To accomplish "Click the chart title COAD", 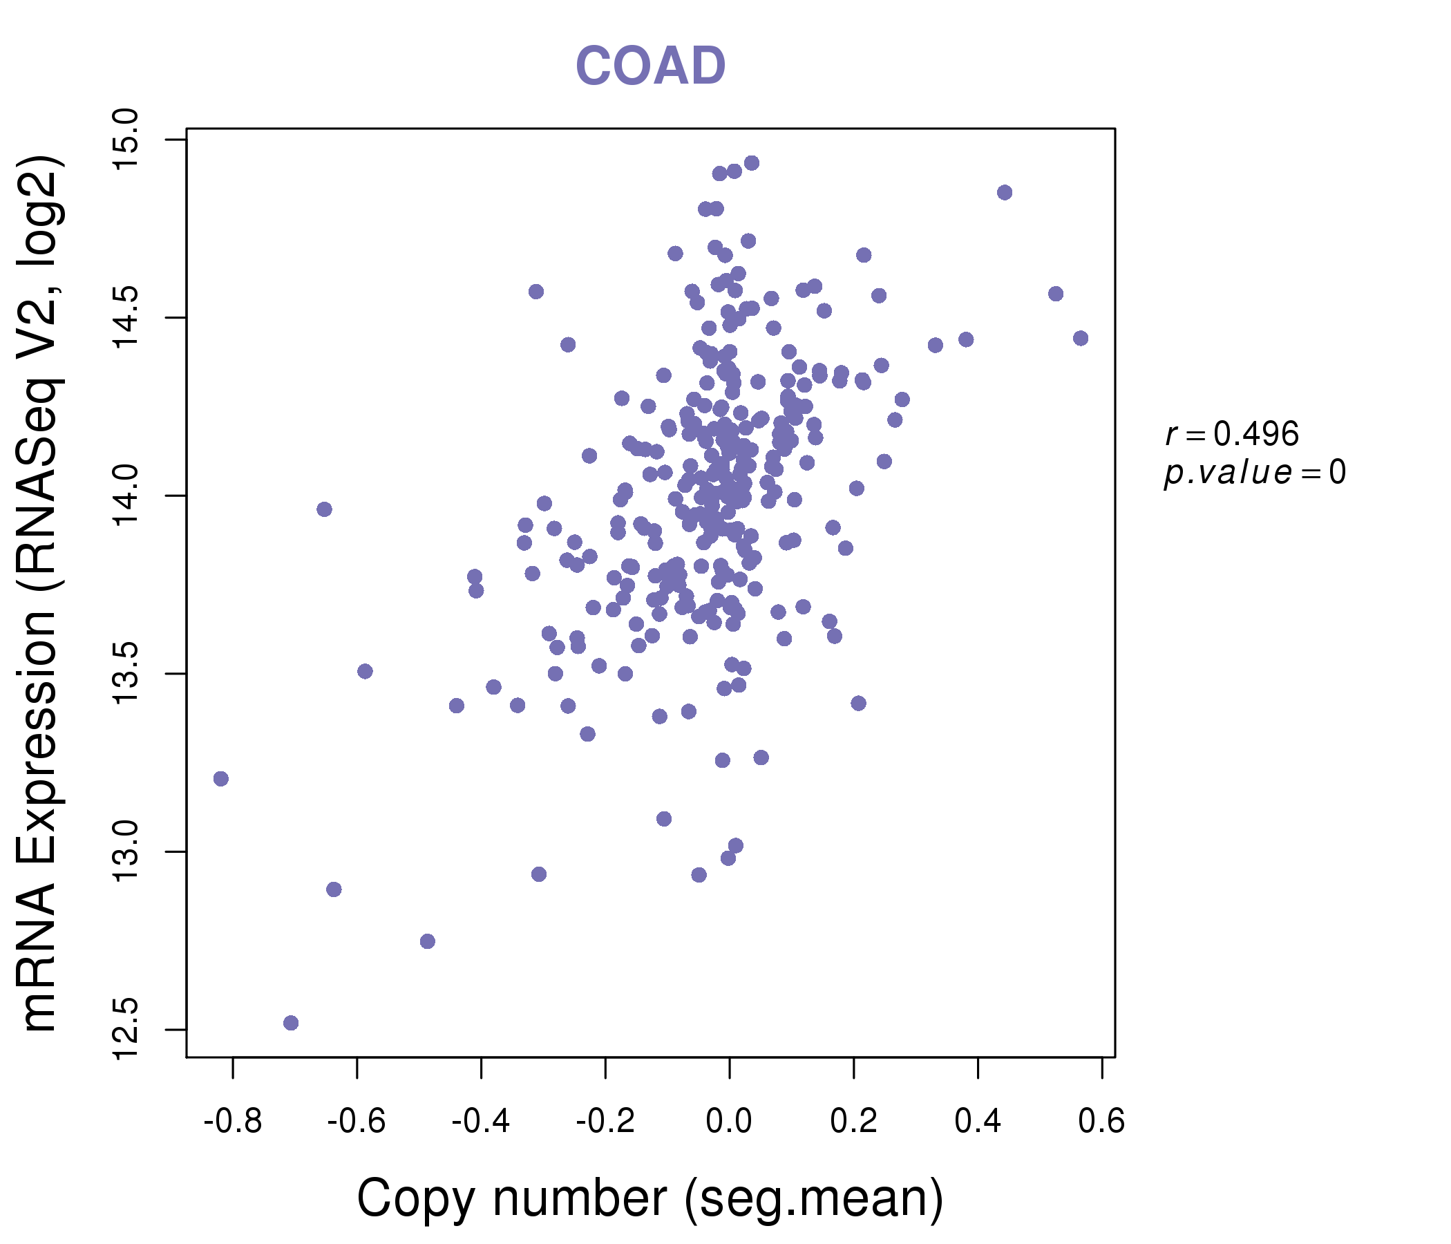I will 650,66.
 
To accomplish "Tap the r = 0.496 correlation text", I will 1232,435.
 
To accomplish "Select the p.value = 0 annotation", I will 1254,473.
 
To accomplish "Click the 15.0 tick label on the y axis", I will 126,140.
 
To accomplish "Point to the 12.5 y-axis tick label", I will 126,1030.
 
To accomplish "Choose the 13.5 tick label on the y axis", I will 126,674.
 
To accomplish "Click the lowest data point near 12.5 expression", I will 291,1023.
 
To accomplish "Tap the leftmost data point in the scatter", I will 220,779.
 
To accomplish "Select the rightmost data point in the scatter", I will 1081,339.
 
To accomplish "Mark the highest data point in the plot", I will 752,163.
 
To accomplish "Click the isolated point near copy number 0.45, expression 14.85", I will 1004,193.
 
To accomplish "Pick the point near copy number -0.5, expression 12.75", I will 427,941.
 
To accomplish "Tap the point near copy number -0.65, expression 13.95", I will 323,509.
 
